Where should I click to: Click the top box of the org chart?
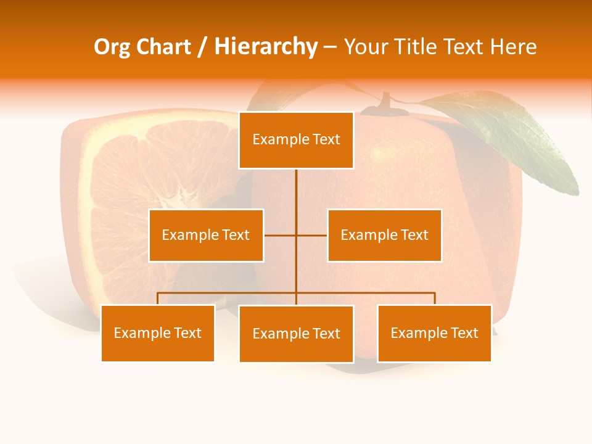point(296,140)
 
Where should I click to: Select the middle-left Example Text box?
point(206,235)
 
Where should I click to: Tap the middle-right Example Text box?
point(384,235)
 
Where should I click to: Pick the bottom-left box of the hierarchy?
point(158,333)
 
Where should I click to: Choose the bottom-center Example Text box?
point(296,334)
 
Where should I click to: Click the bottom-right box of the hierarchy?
point(434,333)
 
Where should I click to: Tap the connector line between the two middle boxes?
point(296,235)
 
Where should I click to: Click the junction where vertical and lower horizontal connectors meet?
point(296,293)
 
